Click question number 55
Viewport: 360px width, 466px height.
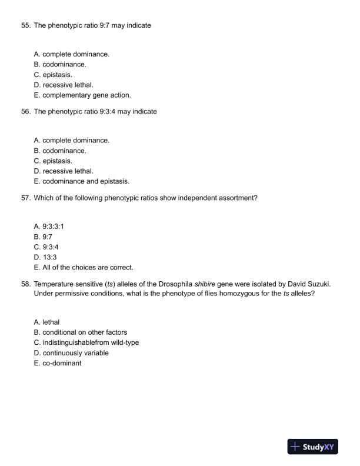[x=25, y=26]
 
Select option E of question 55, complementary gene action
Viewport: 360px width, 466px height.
[x=82, y=95]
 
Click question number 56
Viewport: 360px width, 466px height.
[x=25, y=112]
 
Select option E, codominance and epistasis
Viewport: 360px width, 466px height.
[x=82, y=181]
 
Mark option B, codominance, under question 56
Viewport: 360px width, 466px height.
[x=60, y=151]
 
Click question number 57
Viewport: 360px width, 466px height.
[x=25, y=198]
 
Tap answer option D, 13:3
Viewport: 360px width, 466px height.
[x=49, y=257]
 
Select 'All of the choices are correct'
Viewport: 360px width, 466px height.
[x=84, y=267]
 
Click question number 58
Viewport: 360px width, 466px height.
[x=25, y=284]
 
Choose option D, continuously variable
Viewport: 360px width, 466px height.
[x=71, y=353]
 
